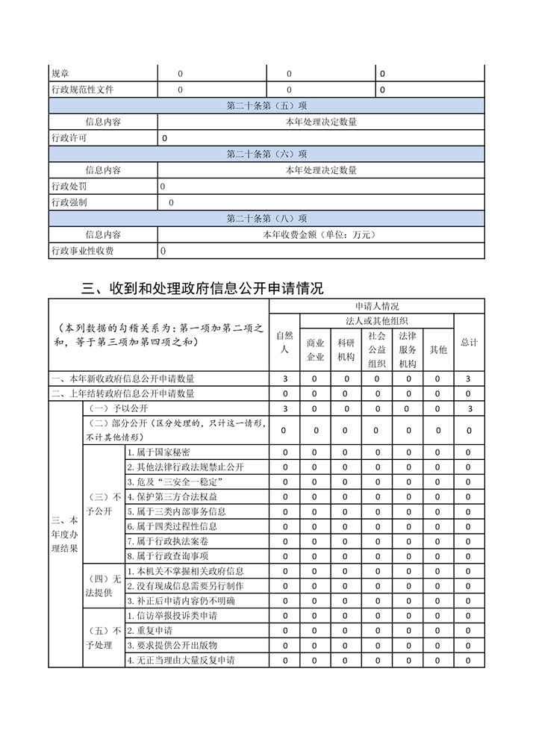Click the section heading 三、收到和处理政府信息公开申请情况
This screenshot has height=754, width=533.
pos(202,288)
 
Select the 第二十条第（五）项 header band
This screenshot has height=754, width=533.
pos(266,106)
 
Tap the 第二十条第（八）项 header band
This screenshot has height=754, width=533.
pos(266,219)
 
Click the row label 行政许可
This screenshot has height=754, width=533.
pos(69,138)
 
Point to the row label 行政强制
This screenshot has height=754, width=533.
pos(69,202)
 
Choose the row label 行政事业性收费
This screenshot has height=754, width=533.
pos(82,251)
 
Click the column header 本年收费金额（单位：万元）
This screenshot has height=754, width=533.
pos(321,234)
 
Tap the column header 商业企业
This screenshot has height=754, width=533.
pos(316,349)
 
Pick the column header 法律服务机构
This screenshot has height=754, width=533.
pos(408,349)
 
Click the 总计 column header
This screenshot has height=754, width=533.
pos(469,342)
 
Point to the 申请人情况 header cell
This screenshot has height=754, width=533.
pos(377,306)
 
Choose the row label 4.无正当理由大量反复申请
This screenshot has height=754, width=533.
pos(181,661)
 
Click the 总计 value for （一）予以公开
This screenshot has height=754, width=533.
pos(469,408)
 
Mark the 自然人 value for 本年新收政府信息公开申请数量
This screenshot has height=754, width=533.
pos(284,379)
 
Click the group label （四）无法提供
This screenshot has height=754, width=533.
pos(102,586)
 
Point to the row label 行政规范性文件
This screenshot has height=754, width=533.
pos(82,90)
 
